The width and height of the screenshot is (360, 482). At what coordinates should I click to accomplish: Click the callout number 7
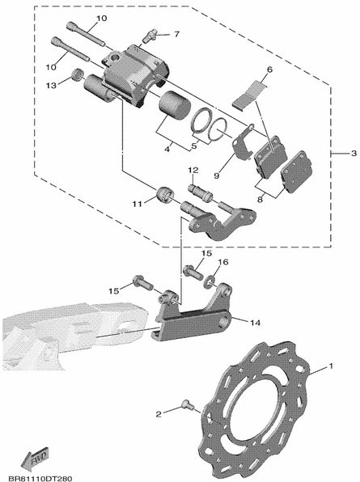(x=176, y=34)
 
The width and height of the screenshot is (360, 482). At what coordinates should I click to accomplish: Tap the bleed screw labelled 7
(x=150, y=36)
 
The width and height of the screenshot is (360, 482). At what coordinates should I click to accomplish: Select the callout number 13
(x=51, y=85)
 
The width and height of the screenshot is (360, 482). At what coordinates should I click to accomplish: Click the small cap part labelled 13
(x=77, y=74)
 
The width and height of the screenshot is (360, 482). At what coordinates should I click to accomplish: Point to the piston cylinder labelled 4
(x=175, y=105)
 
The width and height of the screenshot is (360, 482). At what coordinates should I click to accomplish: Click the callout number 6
(x=269, y=70)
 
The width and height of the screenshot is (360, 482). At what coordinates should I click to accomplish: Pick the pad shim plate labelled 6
(x=249, y=94)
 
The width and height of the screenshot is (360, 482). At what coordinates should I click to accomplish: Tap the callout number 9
(x=217, y=175)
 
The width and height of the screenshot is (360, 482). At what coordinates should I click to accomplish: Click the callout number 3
(x=354, y=153)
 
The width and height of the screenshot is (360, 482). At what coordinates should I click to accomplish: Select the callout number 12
(x=193, y=170)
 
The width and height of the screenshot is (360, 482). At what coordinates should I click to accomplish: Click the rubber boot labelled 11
(x=165, y=195)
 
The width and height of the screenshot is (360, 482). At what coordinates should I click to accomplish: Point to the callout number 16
(x=223, y=262)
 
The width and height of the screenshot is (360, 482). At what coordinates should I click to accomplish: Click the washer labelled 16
(x=210, y=281)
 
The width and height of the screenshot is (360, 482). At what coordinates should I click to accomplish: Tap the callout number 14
(x=255, y=323)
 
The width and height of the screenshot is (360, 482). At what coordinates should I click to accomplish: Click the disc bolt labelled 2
(x=188, y=404)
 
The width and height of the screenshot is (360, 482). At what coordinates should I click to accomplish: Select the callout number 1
(x=331, y=366)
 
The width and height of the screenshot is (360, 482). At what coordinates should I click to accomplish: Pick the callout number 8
(x=260, y=200)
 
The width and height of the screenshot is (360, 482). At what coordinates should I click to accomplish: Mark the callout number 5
(x=194, y=146)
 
